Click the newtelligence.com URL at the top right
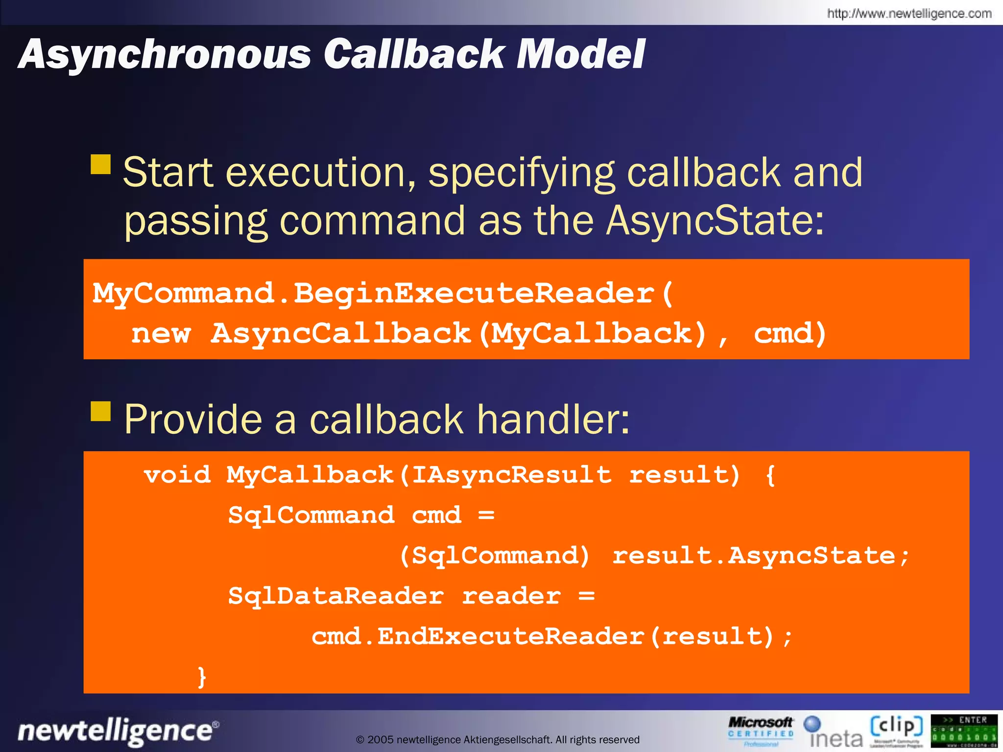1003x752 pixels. pos(909,14)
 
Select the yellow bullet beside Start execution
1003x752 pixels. pos(101,164)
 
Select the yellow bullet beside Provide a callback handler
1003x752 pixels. pos(101,411)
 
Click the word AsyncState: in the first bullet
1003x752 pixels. pos(715,221)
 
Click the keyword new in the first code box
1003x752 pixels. pos(161,334)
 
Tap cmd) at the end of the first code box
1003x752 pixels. pos(789,334)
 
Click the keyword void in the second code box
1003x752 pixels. pos(177,475)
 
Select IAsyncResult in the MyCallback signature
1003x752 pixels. pos(511,475)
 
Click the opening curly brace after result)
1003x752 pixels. pos(770,475)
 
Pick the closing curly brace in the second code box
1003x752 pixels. pos(201,677)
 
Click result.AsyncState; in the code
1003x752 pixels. pos(761,556)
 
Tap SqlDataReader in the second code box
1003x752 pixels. pos(336,596)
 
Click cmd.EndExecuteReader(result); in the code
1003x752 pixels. pos(551,636)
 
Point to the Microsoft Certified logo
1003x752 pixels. pos(760,730)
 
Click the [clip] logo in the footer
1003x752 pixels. pos(896,730)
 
